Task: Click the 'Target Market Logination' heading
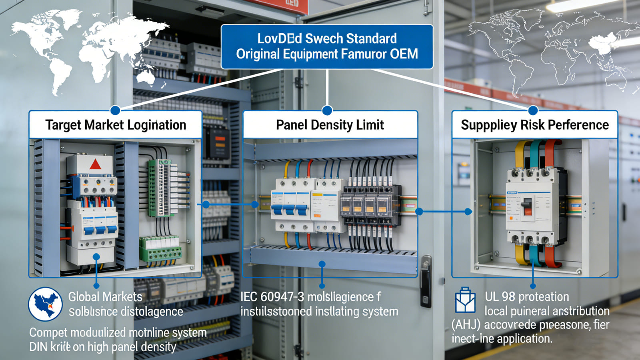[116, 125]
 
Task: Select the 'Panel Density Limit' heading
[330, 125]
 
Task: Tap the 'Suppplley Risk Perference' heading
[535, 125]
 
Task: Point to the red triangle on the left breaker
[95, 164]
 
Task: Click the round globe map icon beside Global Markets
[45, 304]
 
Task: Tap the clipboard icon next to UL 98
[465, 300]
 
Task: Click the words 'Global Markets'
[105, 297]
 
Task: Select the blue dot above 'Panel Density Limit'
[327, 110]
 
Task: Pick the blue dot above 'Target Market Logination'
[115, 110]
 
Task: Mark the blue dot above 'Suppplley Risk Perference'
[533, 110]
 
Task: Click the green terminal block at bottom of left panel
[160, 249]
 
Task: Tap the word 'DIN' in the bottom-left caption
[38, 347]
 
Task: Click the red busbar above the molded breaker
[551, 152]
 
